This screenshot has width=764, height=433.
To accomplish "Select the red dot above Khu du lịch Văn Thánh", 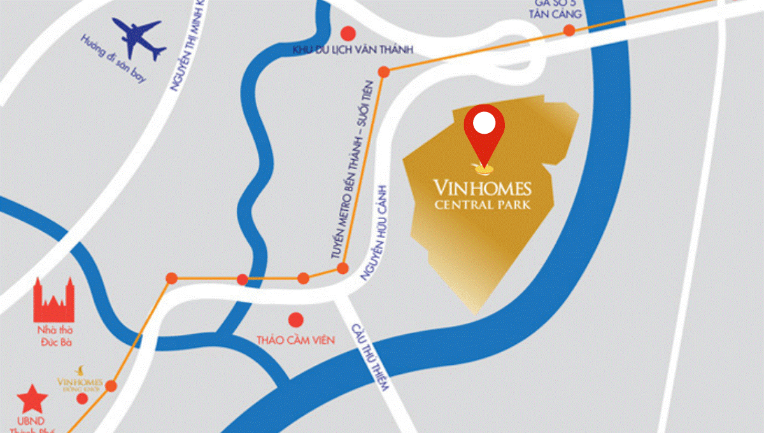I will (x=348, y=32).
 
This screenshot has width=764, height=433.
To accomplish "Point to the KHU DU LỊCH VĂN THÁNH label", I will (x=353, y=50).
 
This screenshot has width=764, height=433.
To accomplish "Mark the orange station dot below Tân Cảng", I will (x=569, y=30).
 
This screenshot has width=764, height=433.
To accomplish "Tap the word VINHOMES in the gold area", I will (x=482, y=188).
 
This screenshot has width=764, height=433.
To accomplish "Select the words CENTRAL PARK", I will (x=482, y=205).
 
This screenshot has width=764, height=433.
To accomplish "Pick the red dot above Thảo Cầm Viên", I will (x=295, y=320).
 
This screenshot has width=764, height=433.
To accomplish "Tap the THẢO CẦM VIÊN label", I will (x=295, y=340).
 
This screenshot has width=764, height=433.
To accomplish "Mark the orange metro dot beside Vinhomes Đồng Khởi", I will (x=111, y=385).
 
